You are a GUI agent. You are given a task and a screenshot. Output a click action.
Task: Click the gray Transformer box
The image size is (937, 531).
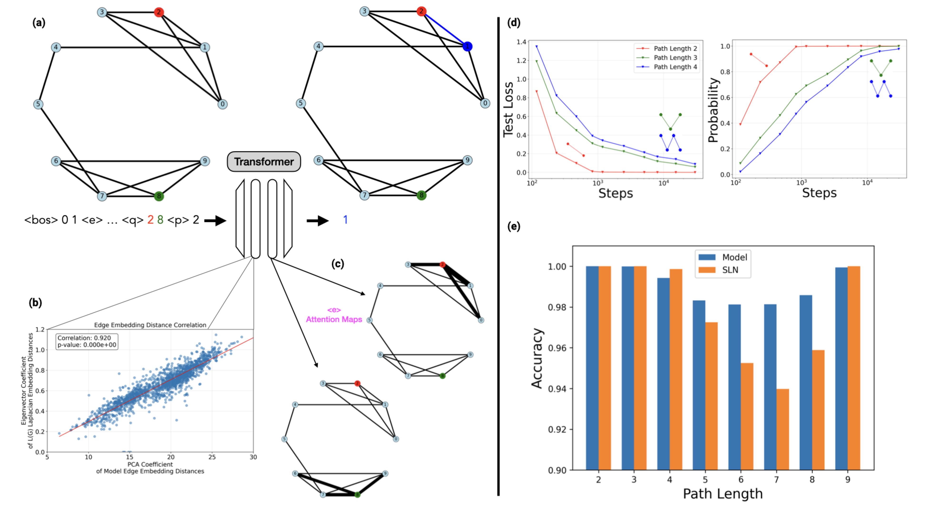coord(264,161)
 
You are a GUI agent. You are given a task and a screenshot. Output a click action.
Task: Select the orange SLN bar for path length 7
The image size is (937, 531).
coord(782,429)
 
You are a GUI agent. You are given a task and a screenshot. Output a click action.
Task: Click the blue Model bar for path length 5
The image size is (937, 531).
coord(698,385)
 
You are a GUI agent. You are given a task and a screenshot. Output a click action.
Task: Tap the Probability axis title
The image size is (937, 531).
coord(713,110)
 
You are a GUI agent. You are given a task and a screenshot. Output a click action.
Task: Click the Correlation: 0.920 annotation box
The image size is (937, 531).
coord(87,341)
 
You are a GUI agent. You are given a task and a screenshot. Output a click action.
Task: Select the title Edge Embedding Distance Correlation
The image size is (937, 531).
coord(150,325)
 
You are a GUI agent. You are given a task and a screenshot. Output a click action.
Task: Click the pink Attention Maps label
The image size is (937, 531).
coord(334,319)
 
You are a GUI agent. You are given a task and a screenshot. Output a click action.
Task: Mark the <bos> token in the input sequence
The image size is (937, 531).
coord(41,220)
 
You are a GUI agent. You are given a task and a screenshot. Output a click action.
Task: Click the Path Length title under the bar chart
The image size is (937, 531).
coord(723,493)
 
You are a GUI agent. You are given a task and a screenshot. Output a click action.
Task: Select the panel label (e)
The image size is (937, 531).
coord(513,227)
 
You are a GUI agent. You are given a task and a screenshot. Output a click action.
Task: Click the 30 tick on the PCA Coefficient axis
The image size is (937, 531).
coord(253,457)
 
